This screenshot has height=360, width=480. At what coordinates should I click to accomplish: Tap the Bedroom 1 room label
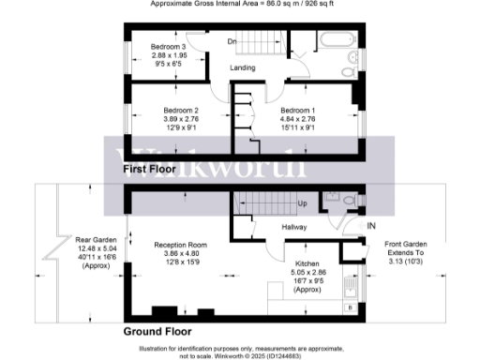(299, 109)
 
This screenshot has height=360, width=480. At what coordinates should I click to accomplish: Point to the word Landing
(246, 67)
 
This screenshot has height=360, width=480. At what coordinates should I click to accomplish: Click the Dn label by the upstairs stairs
(231, 40)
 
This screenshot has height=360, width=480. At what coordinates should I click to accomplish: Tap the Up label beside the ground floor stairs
(302, 203)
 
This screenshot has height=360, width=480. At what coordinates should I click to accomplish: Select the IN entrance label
(371, 227)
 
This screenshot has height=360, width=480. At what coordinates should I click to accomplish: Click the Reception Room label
(154, 245)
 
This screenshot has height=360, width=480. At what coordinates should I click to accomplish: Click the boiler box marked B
(351, 306)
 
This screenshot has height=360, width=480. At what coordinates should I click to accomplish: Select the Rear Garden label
(94, 240)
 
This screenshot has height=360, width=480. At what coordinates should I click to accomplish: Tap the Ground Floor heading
(157, 331)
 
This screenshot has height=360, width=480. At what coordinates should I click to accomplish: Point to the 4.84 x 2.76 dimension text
(299, 119)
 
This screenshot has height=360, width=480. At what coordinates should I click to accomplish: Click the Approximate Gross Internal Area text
(240, 4)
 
